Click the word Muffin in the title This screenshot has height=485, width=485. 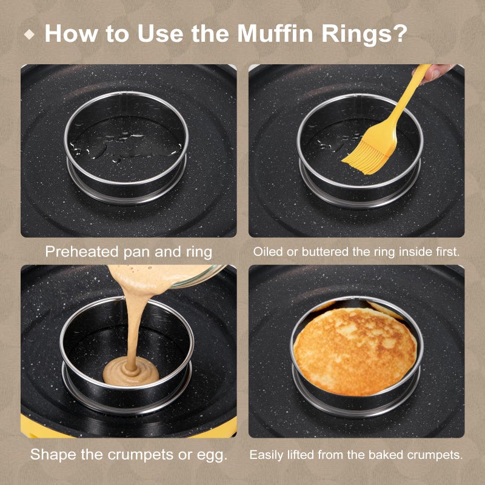(276, 33)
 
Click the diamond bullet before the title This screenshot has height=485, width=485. (29, 34)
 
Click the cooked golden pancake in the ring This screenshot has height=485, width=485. (355, 351)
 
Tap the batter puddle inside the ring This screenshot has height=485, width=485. (131, 371)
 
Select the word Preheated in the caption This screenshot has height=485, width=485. (82, 252)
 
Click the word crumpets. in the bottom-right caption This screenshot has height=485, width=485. (435, 455)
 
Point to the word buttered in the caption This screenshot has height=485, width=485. (326, 252)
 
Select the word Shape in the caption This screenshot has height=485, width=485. (53, 455)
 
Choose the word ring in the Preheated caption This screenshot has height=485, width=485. (199, 253)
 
